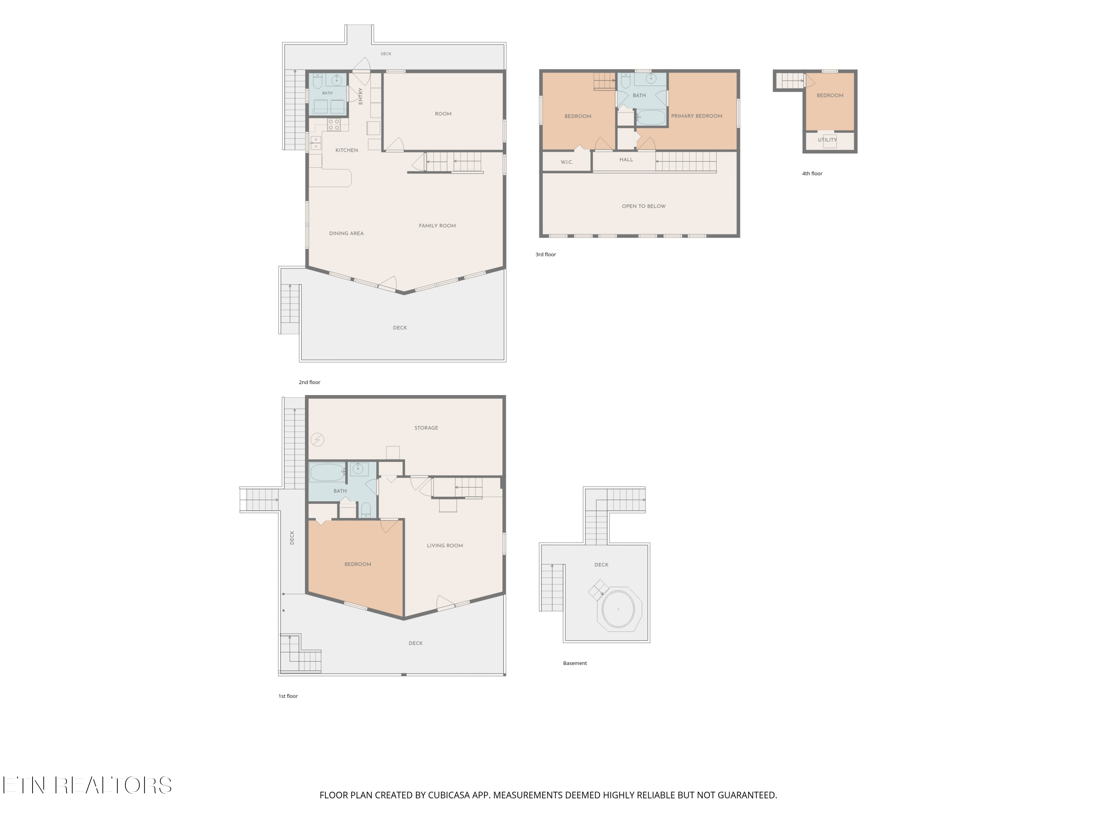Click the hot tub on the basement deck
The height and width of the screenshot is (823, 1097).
point(618,609)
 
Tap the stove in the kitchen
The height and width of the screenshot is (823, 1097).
point(334,124)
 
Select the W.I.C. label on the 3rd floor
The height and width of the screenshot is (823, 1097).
point(567,162)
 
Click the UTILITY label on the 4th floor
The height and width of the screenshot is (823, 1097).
point(827,140)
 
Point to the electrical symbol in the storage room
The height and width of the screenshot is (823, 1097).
point(317,440)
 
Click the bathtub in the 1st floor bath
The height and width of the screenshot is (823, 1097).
point(327,473)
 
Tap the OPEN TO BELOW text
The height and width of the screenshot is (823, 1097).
point(644,206)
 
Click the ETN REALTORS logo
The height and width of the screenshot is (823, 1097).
point(87,785)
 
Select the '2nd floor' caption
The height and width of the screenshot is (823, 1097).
point(309,383)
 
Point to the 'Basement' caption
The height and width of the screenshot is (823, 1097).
point(575,663)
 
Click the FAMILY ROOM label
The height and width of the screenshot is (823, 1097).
point(437,226)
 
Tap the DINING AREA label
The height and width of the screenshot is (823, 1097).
point(346,233)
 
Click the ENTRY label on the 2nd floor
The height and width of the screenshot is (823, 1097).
point(361,96)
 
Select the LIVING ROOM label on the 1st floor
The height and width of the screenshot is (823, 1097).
point(445,546)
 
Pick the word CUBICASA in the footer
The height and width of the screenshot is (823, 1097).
point(448,795)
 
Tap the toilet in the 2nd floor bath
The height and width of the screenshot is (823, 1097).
point(318,81)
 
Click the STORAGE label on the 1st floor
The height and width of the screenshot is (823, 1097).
point(426,428)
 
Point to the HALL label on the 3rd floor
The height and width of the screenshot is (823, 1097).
point(626,160)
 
